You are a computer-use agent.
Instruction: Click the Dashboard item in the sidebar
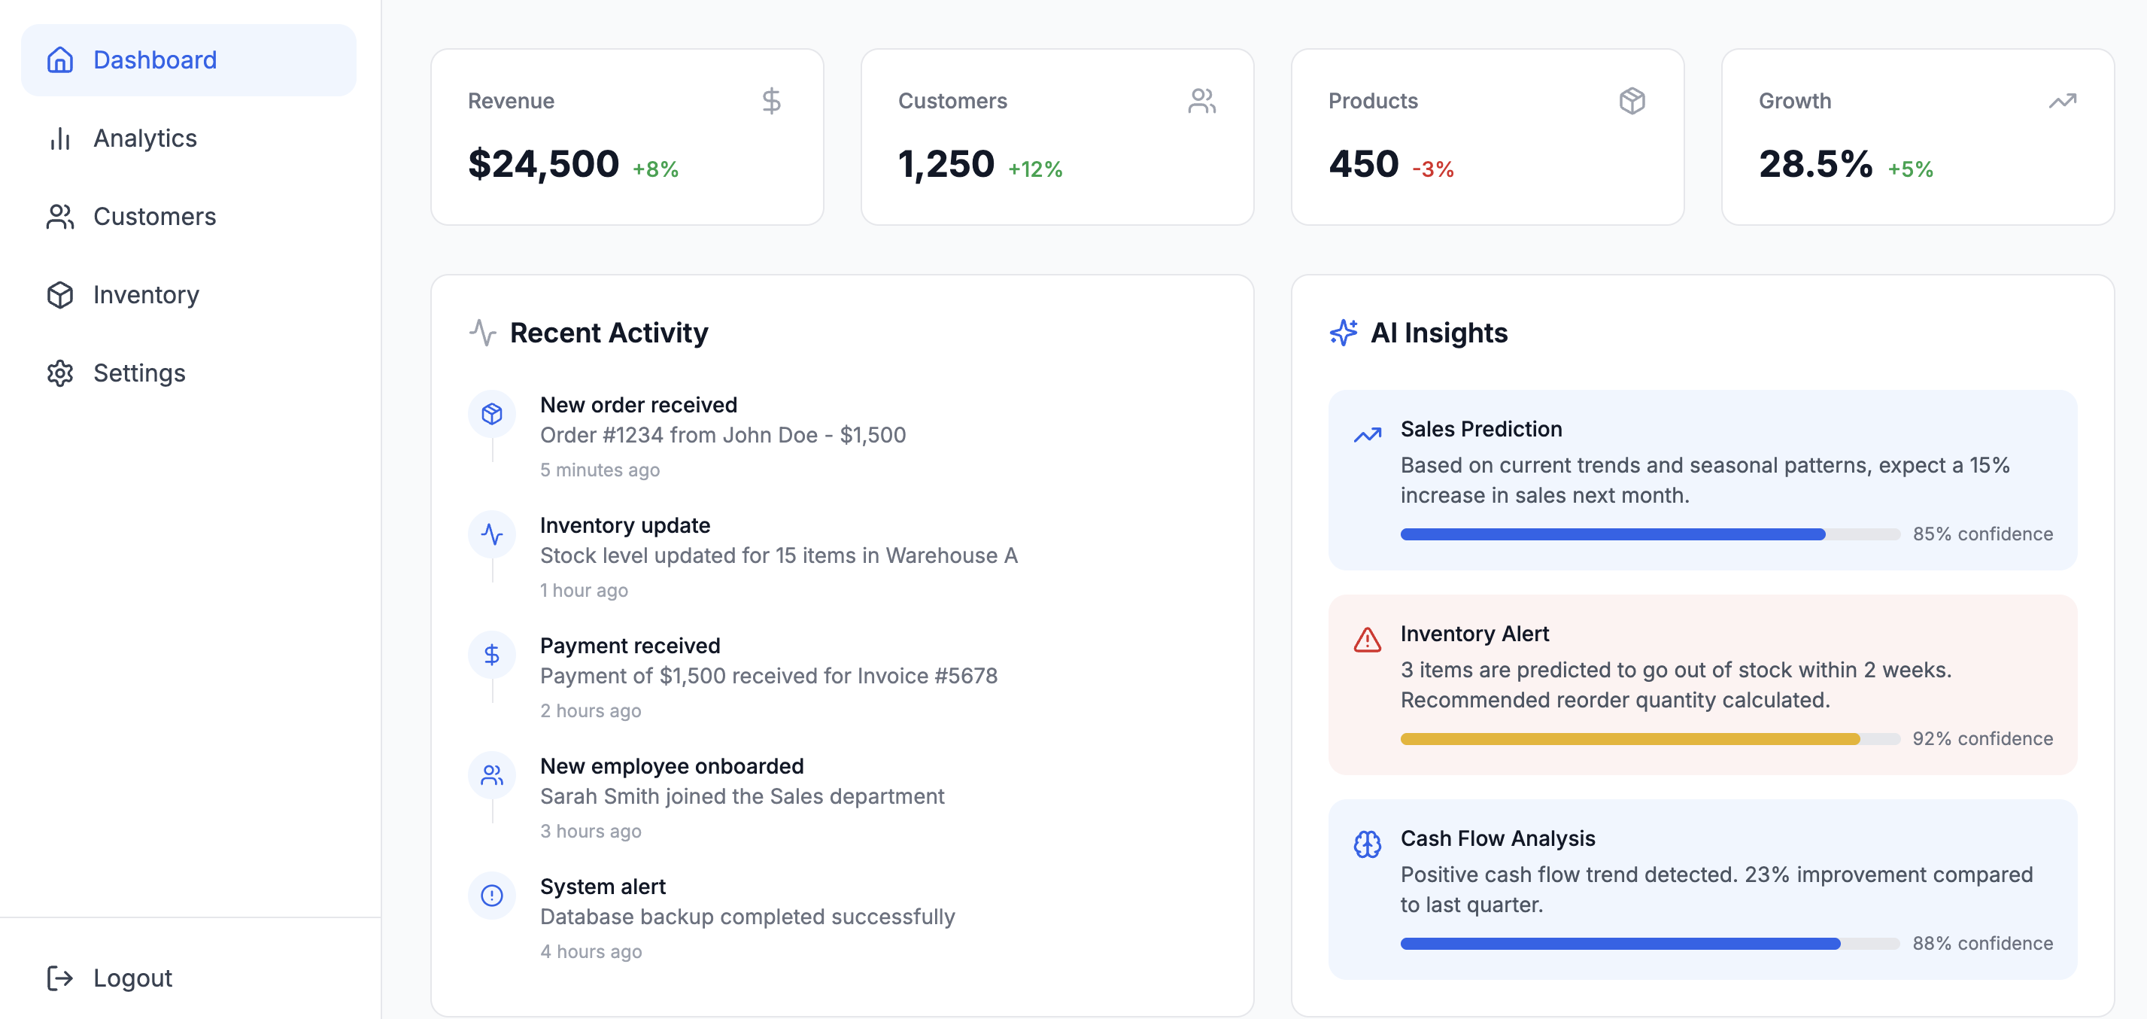click(x=154, y=60)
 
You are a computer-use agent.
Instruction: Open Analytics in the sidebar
click(x=144, y=138)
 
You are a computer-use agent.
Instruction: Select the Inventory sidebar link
click(x=146, y=295)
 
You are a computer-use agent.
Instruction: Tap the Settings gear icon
click(x=60, y=373)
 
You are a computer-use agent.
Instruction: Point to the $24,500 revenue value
click(x=543, y=163)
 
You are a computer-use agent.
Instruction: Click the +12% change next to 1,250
click(x=1034, y=169)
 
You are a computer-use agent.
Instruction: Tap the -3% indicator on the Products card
click(x=1433, y=169)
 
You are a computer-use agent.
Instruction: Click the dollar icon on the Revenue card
click(x=771, y=101)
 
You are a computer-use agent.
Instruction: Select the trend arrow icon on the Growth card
click(x=2062, y=101)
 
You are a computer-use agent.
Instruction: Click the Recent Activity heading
click(x=609, y=333)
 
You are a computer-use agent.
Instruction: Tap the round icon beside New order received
click(x=492, y=414)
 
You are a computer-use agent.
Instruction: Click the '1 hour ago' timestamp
click(x=584, y=590)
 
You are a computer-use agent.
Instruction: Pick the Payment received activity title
click(x=630, y=646)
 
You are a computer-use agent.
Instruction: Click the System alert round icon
click(x=492, y=896)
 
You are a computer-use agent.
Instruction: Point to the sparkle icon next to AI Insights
click(x=1343, y=332)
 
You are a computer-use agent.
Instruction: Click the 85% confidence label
click(x=1982, y=534)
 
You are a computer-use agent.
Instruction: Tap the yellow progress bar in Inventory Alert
click(x=1629, y=739)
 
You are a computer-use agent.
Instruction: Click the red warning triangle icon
click(x=1367, y=640)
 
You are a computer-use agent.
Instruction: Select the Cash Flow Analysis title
click(x=1498, y=838)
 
